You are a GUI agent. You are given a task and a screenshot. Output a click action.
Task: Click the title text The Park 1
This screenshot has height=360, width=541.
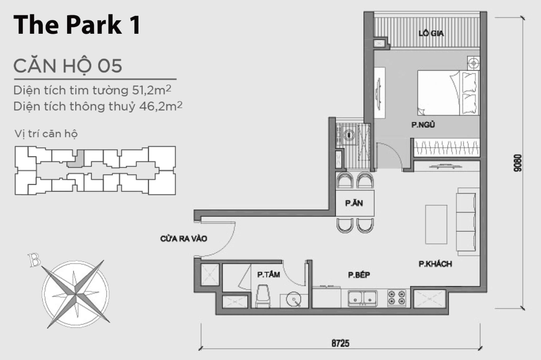point(77,25)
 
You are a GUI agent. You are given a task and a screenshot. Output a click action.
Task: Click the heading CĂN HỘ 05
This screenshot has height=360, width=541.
point(68,66)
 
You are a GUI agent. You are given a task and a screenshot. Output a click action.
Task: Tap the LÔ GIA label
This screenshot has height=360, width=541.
point(428,33)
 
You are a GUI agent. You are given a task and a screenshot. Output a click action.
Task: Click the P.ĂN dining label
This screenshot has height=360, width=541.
point(354,203)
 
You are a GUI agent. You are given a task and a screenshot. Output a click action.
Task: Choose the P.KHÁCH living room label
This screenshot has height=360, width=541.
point(435,264)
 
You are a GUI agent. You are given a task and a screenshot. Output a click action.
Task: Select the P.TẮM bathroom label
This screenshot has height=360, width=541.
point(267,274)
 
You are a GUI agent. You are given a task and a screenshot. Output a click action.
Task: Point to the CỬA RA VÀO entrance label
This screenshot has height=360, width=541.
point(183,239)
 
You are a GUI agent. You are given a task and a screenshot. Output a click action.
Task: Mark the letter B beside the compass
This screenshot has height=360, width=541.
point(33,260)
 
